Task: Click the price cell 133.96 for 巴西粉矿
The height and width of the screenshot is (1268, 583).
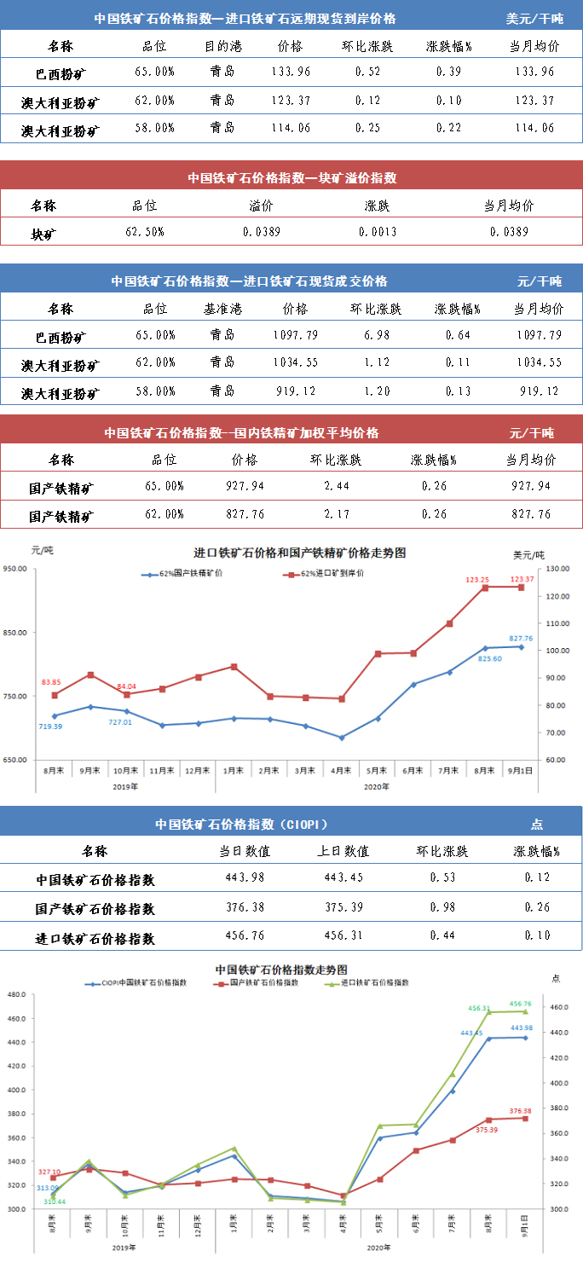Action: coord(294,71)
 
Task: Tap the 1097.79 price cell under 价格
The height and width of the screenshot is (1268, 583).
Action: coord(294,334)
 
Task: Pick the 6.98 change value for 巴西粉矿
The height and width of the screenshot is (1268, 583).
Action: coord(377,334)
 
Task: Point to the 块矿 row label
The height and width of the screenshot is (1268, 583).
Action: coord(43,232)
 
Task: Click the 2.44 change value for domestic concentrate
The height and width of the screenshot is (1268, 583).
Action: coord(335,486)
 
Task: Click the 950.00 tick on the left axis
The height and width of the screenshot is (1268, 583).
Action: coord(17,569)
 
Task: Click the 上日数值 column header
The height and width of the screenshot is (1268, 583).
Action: coord(343,851)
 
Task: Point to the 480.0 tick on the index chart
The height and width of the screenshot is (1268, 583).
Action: coord(15,994)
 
